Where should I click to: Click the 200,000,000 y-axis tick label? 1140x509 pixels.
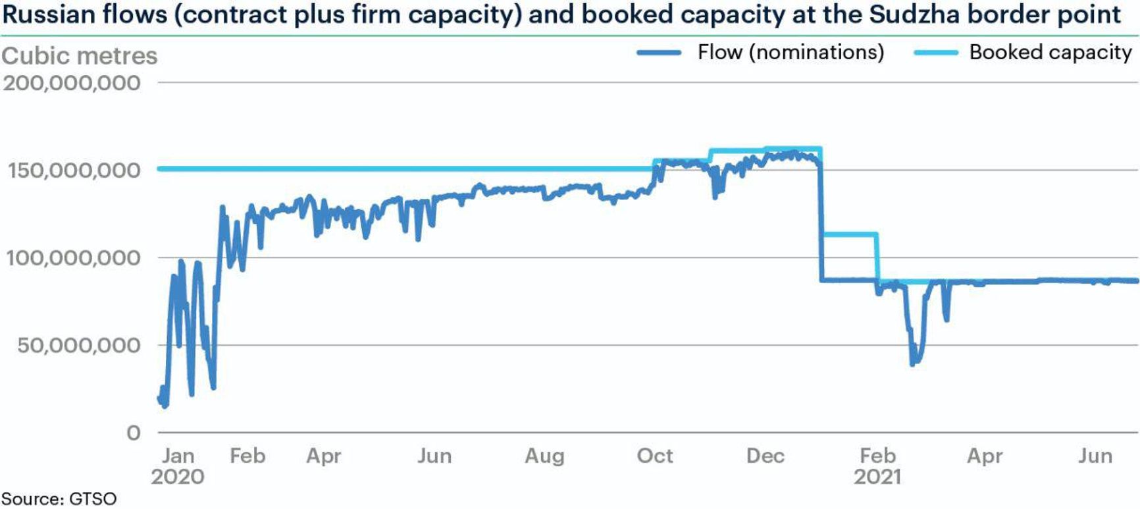(72, 83)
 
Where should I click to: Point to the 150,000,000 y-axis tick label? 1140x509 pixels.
(74, 171)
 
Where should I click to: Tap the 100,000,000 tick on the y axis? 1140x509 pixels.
(74, 258)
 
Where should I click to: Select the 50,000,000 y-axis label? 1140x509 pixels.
(79, 345)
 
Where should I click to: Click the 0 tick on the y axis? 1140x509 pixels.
(134, 433)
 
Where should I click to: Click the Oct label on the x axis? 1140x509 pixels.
(655, 456)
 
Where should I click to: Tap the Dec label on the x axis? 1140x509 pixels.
(765, 456)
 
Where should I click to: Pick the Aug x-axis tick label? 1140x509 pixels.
(544, 456)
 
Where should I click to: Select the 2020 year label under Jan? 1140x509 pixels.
(178, 477)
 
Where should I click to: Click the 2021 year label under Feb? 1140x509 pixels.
(877, 477)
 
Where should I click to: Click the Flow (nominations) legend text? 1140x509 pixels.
(790, 52)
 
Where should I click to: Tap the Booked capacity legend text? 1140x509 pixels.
(1050, 52)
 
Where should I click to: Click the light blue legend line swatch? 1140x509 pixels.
(936, 53)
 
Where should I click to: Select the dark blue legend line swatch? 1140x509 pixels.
(659, 53)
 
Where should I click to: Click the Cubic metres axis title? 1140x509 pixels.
(80, 56)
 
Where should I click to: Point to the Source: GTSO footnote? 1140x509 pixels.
(59, 498)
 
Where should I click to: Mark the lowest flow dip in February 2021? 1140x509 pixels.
(913, 363)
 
